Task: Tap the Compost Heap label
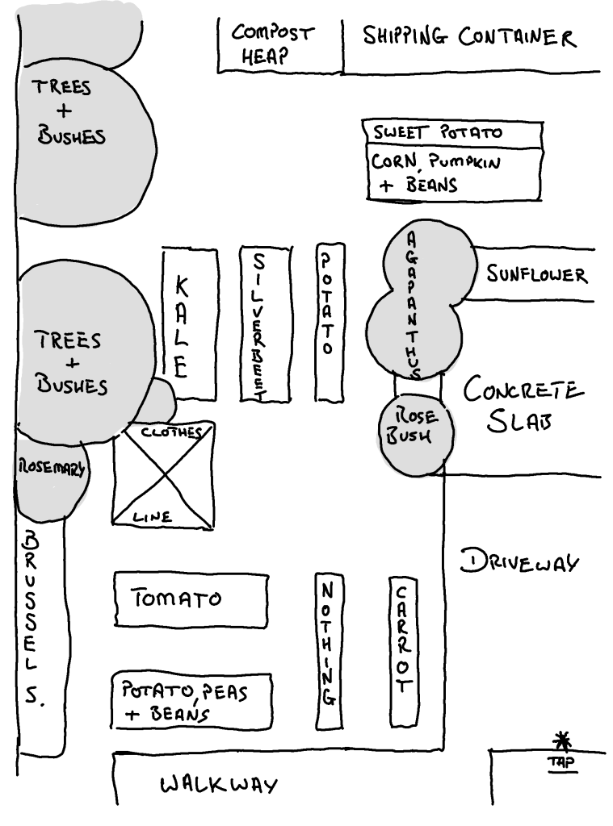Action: pos(271,45)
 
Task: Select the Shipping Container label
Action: pos(468,37)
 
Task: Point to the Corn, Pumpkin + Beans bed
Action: pos(452,173)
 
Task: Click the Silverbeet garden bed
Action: pos(265,323)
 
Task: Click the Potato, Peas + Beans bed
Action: pos(191,700)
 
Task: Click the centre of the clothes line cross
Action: pos(165,474)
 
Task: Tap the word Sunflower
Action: pos(536,275)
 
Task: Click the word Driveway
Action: pos(519,561)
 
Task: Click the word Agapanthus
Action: pos(412,307)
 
